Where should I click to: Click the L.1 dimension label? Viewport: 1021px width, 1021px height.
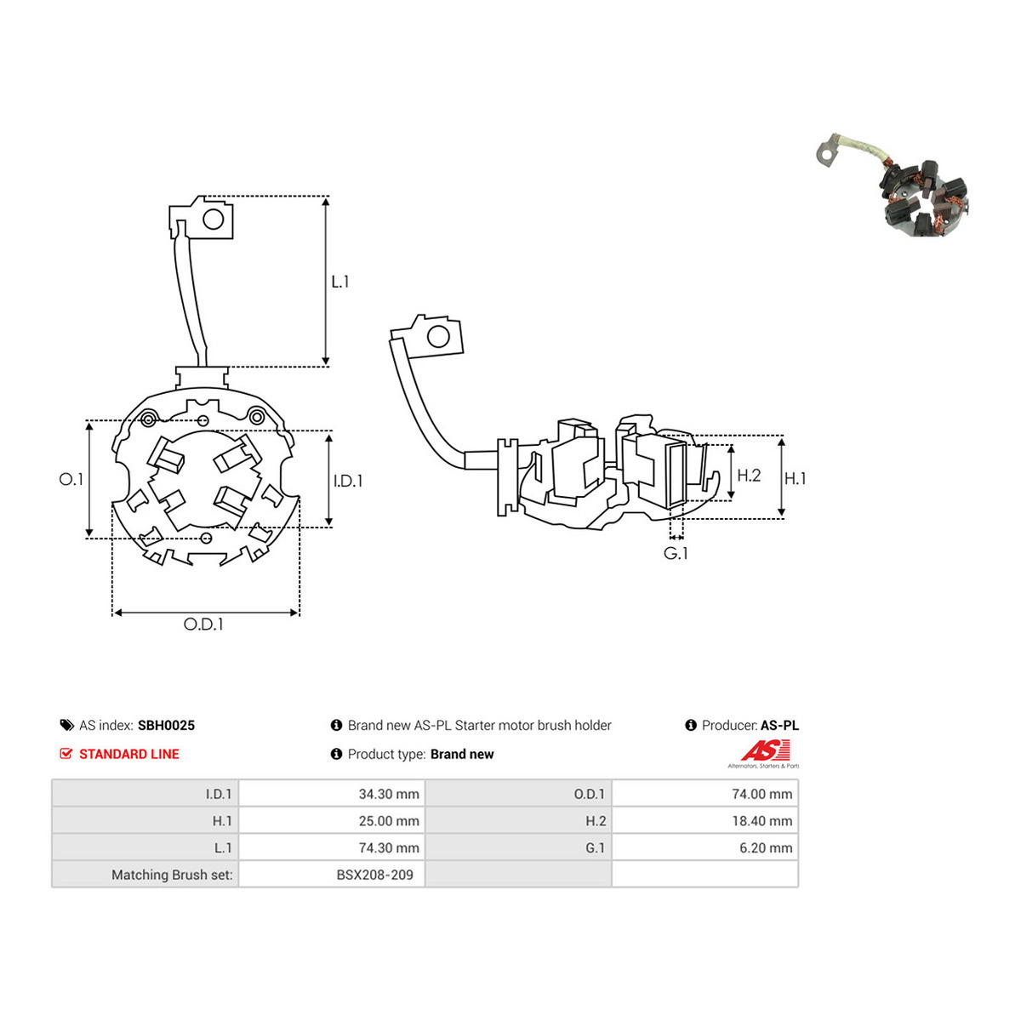click(x=339, y=282)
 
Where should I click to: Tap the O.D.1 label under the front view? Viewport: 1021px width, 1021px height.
click(x=203, y=625)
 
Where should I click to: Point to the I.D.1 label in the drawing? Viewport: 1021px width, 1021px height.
click(x=348, y=481)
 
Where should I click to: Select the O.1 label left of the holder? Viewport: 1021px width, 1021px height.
click(x=71, y=480)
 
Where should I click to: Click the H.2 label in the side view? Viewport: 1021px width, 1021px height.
click(x=750, y=476)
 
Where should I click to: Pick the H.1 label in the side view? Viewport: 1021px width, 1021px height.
click(x=795, y=479)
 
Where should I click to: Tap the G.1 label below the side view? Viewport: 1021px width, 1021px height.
click(x=676, y=554)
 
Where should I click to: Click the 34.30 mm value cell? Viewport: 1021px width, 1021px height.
click(x=332, y=794)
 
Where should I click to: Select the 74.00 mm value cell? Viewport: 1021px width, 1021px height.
click(x=704, y=794)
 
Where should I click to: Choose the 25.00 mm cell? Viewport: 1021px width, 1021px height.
click(x=332, y=821)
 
